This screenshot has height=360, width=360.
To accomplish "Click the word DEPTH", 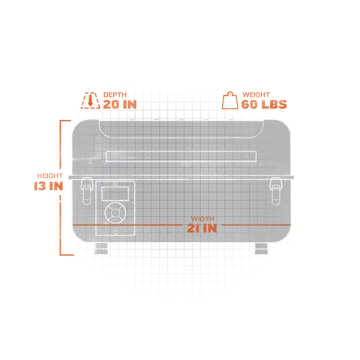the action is (115, 95).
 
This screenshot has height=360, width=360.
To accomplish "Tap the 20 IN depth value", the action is (120, 104).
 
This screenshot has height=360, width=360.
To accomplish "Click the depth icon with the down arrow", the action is (90, 100).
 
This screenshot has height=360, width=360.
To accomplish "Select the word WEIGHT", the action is (256, 95).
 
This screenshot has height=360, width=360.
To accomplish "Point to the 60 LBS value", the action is (264, 104).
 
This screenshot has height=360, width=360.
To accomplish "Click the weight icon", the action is (230, 100).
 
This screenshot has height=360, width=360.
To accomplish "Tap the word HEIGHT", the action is (49, 176).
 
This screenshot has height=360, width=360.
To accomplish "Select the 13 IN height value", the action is (48, 186).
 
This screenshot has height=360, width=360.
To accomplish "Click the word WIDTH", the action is (202, 219).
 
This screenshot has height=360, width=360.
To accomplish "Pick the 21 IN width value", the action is (202, 228).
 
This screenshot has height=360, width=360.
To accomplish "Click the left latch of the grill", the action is (86, 190).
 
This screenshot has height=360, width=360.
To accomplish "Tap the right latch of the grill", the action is (276, 190).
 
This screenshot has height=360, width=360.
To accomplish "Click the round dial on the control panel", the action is (115, 213).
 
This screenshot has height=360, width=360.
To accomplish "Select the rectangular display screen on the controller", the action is (115, 193).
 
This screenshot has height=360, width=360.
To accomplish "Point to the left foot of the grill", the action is (101, 248).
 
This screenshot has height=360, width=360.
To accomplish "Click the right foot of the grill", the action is (261, 248).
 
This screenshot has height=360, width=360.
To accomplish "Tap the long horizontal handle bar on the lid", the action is (181, 157).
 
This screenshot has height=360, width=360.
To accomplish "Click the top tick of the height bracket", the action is (65, 121).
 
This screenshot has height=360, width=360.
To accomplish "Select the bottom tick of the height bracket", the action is (67, 255).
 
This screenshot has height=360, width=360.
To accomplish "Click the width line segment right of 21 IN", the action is (256, 225).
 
